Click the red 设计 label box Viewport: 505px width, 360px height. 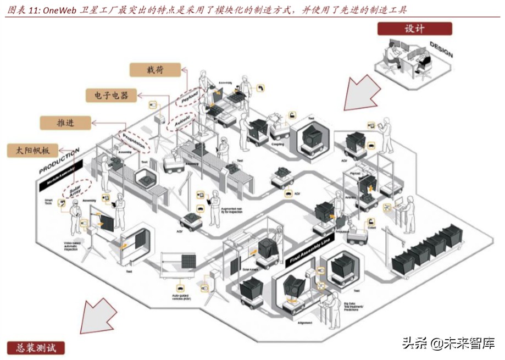tap(414, 29)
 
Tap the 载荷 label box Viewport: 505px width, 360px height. tap(155, 69)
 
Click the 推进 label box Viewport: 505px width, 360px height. tap(66, 123)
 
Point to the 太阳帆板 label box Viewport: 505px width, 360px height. tap(33, 150)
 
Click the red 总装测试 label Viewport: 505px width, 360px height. tap(36, 347)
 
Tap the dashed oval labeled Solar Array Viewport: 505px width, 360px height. tap(76, 189)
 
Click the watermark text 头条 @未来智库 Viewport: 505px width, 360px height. tap(448, 344)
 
